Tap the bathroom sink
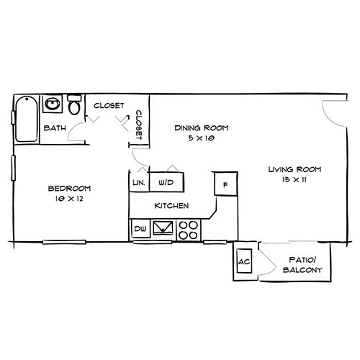click(52, 105)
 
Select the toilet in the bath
click(73, 107)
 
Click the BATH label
click(55, 128)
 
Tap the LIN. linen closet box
click(138, 183)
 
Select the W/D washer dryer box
click(166, 183)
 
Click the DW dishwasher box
click(140, 230)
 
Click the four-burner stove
click(189, 230)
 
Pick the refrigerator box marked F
click(225, 184)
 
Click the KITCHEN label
click(172, 206)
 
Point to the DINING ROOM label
click(202, 128)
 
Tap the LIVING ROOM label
click(294, 170)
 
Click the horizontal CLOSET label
click(109, 106)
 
